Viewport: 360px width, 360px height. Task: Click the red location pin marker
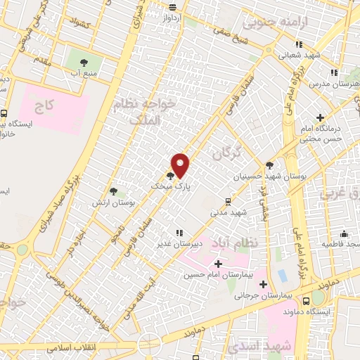[180, 165]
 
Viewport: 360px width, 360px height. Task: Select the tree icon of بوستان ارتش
[113, 191]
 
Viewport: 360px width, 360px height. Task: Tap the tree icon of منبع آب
[83, 63]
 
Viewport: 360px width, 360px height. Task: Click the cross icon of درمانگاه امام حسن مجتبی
[321, 117]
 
